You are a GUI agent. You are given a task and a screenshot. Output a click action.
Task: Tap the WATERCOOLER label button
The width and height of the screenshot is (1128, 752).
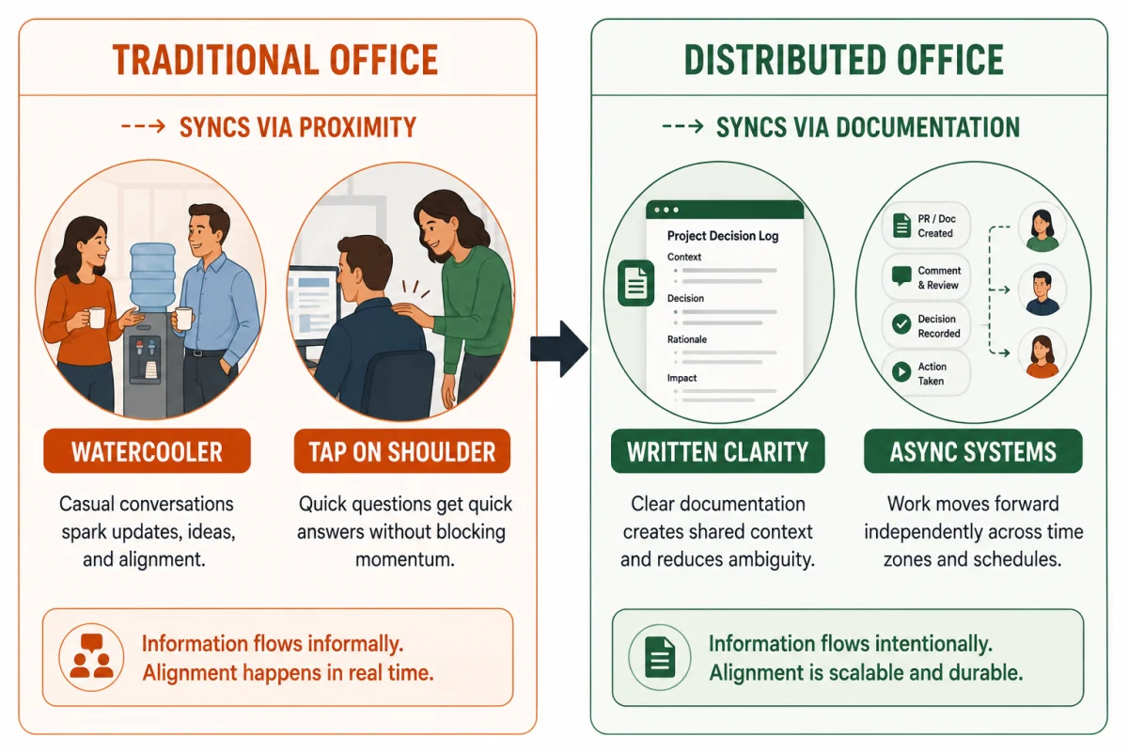pyautogui.click(x=147, y=451)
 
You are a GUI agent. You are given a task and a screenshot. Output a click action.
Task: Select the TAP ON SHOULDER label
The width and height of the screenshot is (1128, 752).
pyautogui.click(x=402, y=451)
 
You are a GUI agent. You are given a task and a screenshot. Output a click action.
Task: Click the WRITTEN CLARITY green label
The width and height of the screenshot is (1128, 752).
pyautogui.click(x=717, y=451)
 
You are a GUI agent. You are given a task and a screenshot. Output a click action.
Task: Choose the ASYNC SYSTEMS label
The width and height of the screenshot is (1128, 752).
pyautogui.click(x=973, y=451)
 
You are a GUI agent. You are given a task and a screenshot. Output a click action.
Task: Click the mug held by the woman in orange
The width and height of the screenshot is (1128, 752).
pyautogui.click(x=96, y=317)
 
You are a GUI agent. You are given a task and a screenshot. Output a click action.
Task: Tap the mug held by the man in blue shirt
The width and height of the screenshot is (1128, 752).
pyautogui.click(x=183, y=319)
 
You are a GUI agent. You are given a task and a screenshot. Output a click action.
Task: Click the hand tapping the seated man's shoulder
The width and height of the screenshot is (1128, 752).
pyautogui.click(x=411, y=313)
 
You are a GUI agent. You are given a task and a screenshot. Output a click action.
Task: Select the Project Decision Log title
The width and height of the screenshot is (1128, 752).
pyautogui.click(x=723, y=236)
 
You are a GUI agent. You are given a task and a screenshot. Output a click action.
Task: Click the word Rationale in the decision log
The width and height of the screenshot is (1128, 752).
pyautogui.click(x=687, y=339)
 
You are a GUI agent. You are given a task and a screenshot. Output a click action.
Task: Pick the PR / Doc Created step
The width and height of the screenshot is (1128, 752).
pyautogui.click(x=926, y=226)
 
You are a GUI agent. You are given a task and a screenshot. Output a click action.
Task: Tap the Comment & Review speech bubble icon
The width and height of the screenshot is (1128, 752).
pyautogui.click(x=901, y=276)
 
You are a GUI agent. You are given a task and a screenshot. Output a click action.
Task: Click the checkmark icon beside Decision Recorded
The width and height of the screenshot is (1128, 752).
pyautogui.click(x=901, y=324)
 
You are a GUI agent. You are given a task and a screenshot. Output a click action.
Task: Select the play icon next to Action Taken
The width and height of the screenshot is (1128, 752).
pyautogui.click(x=901, y=371)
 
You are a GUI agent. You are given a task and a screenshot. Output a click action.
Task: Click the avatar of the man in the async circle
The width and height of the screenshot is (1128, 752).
pyautogui.click(x=1042, y=291)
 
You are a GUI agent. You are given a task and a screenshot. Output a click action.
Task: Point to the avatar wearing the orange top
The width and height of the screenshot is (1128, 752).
pyautogui.click(x=1042, y=354)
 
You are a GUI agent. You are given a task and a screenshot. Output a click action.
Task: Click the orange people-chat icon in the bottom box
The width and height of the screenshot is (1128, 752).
pyautogui.click(x=91, y=656)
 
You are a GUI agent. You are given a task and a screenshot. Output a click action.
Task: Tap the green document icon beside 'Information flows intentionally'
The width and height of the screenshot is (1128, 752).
pyautogui.click(x=660, y=657)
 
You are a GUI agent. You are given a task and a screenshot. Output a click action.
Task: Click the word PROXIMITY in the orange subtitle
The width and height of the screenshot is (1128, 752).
pyautogui.click(x=358, y=127)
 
